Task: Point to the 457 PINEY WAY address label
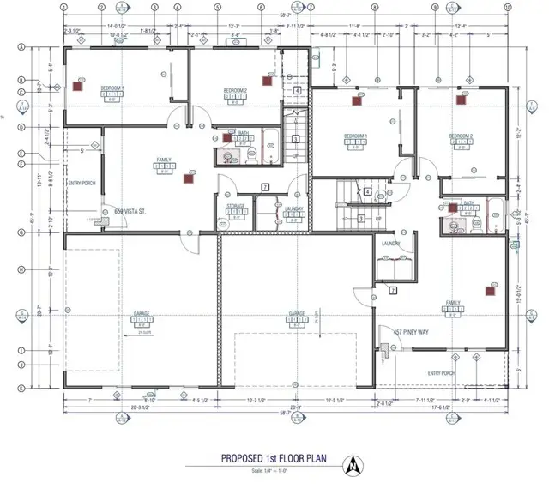tap(411, 331)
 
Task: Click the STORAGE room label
tap(236, 207)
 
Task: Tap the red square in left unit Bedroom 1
tap(77, 86)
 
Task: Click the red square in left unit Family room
tap(189, 179)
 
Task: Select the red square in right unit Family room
tap(490, 291)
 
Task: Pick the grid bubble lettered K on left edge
tap(19, 388)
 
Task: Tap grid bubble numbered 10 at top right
tap(509, 6)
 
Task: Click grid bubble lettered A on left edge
tap(19, 47)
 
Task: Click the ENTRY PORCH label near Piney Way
tap(445, 373)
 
